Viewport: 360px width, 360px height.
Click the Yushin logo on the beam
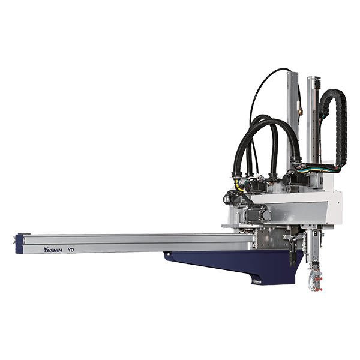coord(53,250)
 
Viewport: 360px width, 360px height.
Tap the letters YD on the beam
coord(71,250)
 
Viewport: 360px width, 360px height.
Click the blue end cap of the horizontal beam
coord(19,244)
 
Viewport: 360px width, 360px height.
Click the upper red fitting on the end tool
coord(318,279)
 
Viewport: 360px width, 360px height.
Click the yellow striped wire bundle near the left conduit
coord(239,185)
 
